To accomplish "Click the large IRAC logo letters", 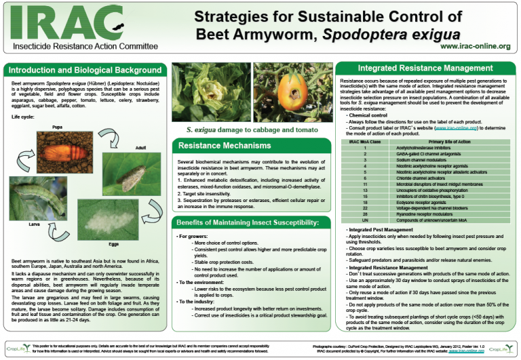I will pyautogui.click(x=58, y=23).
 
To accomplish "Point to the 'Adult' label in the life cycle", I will pyautogui.click(x=140, y=148).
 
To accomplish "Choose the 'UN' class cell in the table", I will pyautogui.click(x=365, y=220).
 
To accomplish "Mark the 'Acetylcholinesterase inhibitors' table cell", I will pyautogui.click(x=433, y=147).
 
